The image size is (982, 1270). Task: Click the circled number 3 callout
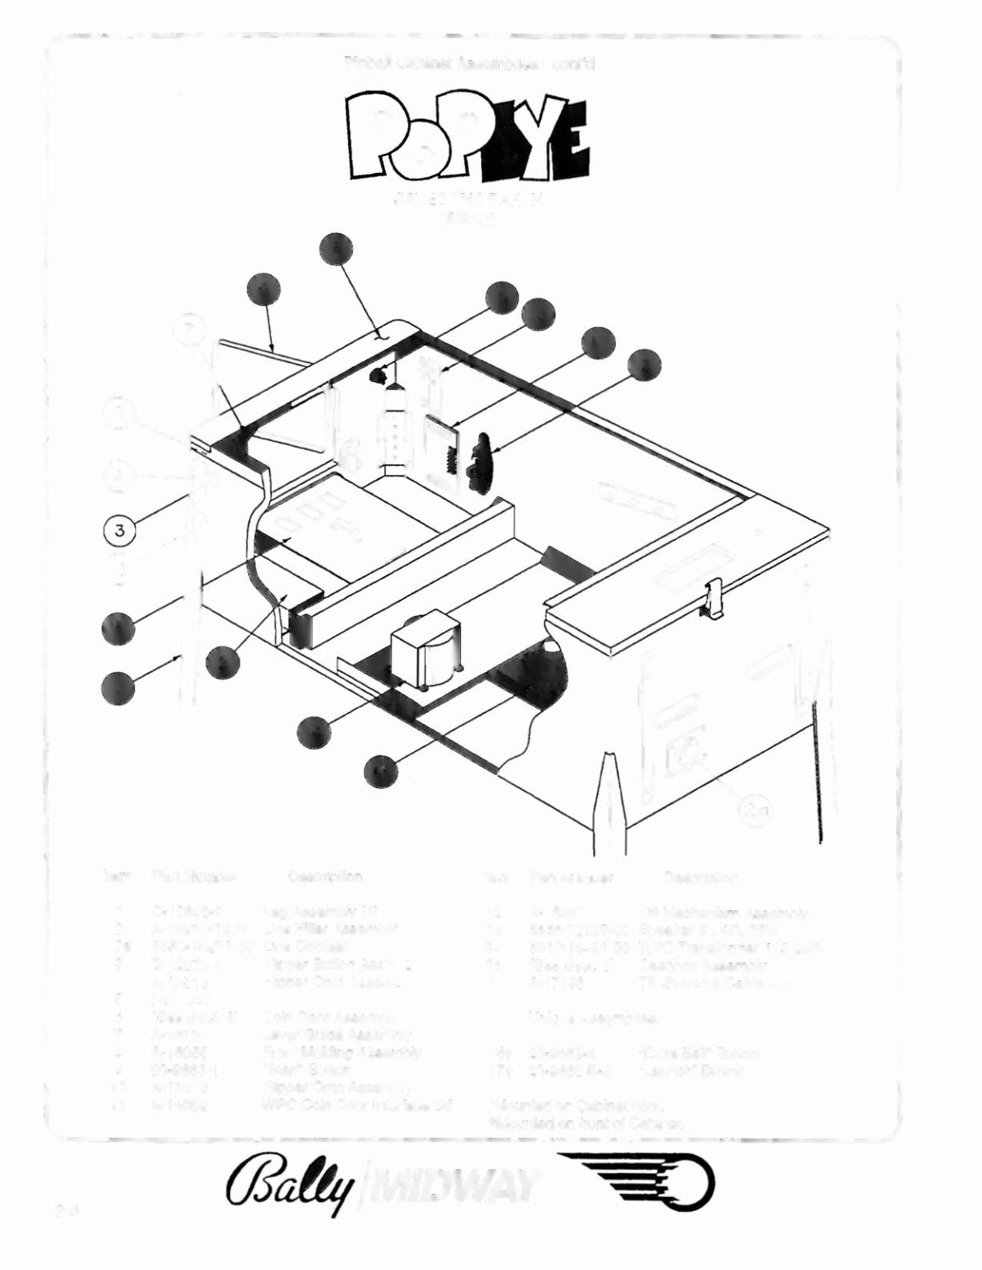click(x=119, y=529)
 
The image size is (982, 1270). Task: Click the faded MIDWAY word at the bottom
click(x=455, y=1185)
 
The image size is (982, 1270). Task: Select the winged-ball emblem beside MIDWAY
click(x=637, y=1185)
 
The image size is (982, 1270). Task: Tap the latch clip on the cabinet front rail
click(x=714, y=598)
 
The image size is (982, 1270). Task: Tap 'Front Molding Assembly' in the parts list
click(x=342, y=1052)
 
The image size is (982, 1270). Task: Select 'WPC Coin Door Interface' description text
click(x=357, y=1105)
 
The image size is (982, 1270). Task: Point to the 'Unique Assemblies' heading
click(x=593, y=1019)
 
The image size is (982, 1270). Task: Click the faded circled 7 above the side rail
click(x=189, y=329)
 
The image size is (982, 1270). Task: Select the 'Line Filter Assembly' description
click(x=329, y=929)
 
